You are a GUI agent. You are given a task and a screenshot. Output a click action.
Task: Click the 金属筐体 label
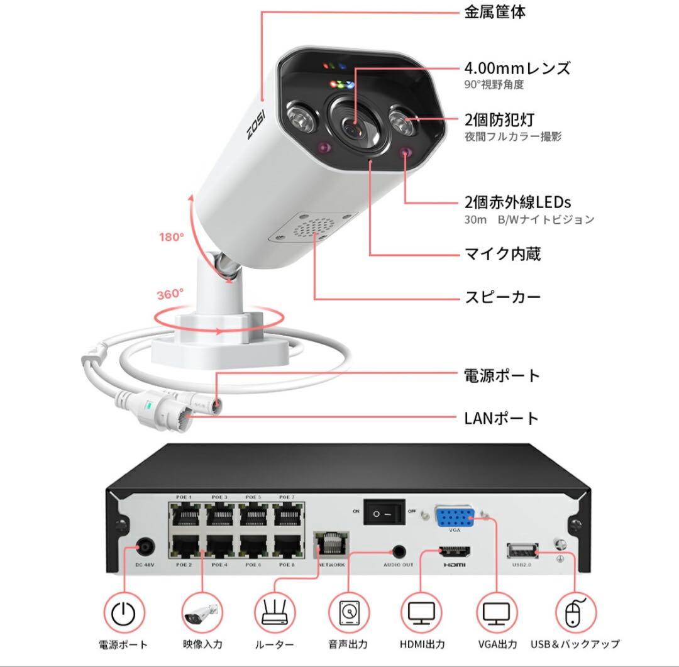(x=495, y=12)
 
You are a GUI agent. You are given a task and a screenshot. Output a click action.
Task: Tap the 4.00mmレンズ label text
(x=517, y=68)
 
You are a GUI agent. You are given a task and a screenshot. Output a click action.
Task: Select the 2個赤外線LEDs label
(x=517, y=202)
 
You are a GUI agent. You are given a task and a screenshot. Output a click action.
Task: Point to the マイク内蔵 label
(x=502, y=254)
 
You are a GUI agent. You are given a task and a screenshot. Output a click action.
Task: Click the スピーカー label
(x=502, y=297)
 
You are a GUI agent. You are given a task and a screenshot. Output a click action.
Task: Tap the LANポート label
(x=501, y=417)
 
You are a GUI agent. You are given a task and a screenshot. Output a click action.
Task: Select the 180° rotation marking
(x=171, y=237)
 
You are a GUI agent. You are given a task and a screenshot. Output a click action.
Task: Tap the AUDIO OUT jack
(x=399, y=551)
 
